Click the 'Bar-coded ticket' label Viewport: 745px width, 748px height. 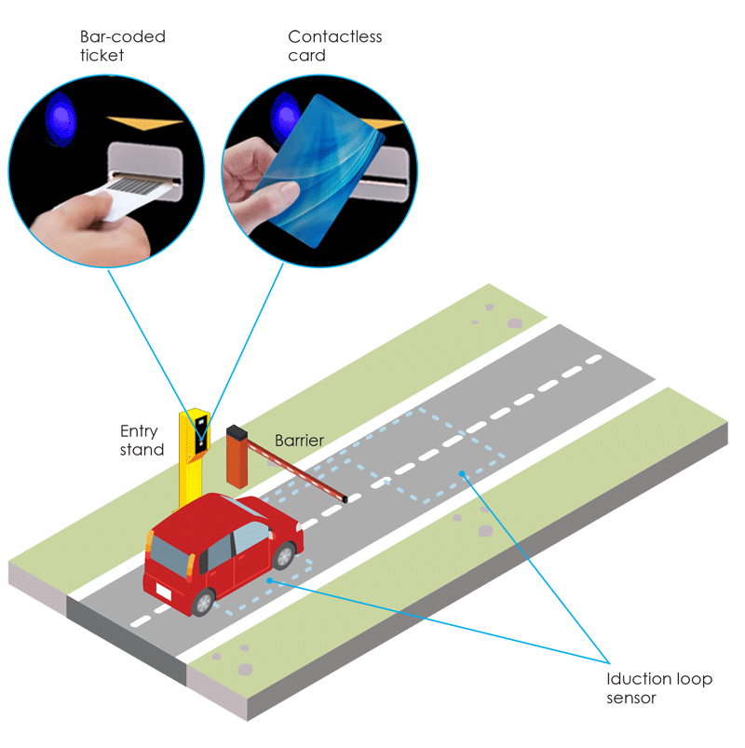coord(122,46)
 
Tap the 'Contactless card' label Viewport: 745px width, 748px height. coord(334,46)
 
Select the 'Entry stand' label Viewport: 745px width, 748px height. coord(142,441)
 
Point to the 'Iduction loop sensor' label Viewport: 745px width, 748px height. coord(658,687)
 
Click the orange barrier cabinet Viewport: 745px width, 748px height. coord(237,456)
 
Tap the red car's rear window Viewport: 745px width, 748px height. coord(169,554)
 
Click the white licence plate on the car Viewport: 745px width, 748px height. coord(163,592)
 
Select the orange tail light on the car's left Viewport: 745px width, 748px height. coord(150,543)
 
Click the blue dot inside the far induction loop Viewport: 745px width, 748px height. coord(462,474)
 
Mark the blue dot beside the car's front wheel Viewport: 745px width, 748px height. coord(269,580)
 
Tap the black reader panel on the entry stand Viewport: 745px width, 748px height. coord(202,437)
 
